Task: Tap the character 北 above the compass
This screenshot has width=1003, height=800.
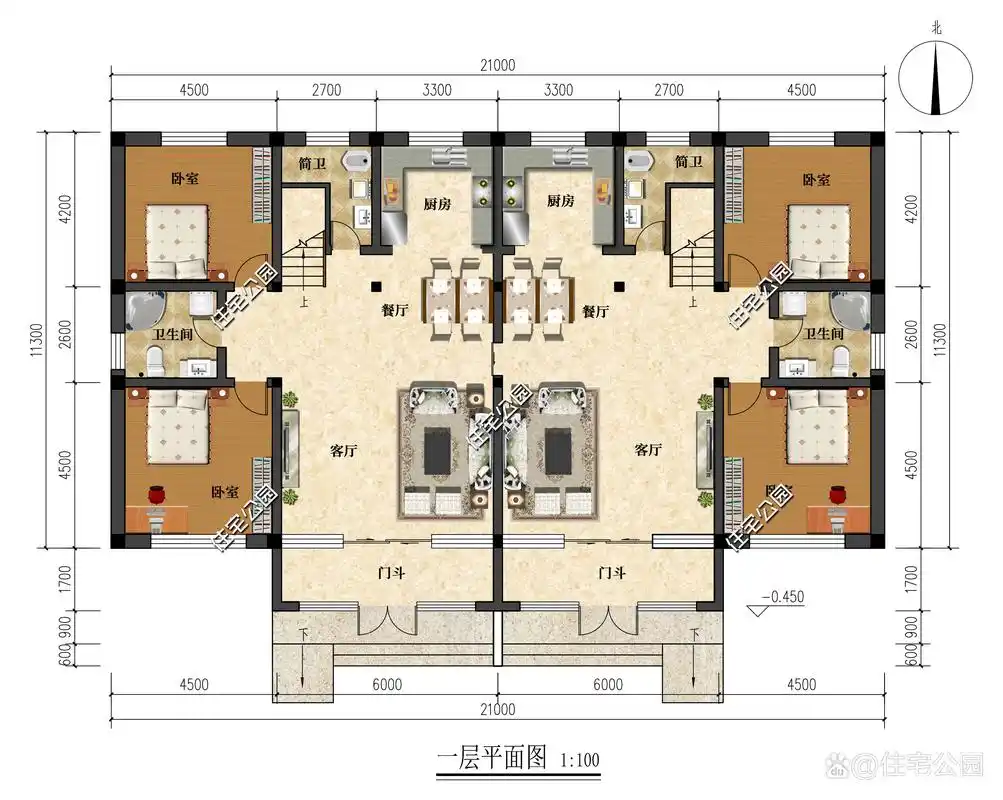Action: (936, 30)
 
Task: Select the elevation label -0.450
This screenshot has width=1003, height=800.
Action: (783, 598)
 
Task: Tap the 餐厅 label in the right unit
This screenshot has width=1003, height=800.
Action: (595, 311)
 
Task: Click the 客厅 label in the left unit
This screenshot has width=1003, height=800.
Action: (343, 451)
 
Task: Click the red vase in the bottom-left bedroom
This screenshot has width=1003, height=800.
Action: (156, 493)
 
